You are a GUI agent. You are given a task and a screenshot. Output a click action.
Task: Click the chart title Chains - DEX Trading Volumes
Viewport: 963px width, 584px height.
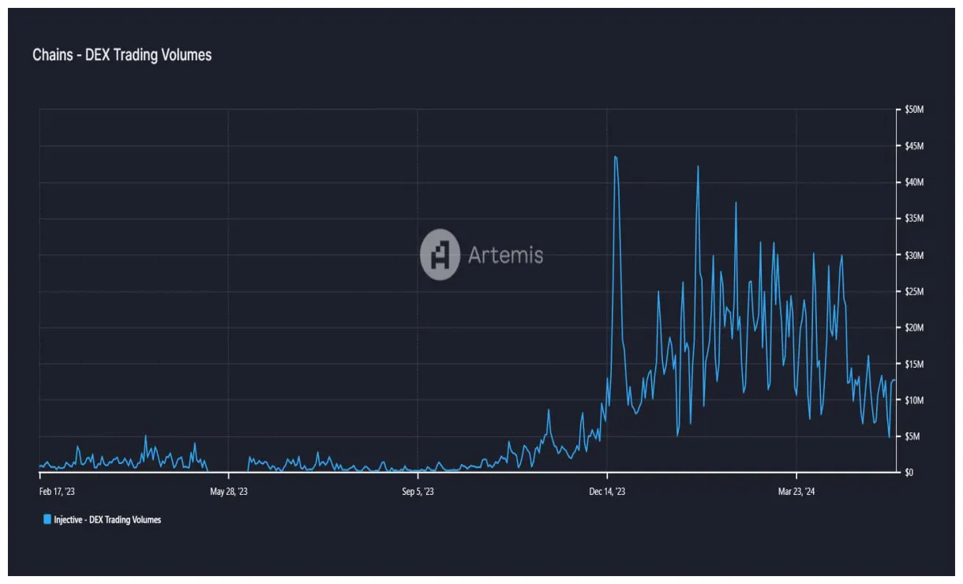tap(122, 55)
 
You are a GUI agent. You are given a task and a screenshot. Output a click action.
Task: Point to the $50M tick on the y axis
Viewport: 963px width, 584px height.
tap(914, 110)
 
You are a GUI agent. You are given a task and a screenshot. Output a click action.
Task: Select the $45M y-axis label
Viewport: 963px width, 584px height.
tap(914, 146)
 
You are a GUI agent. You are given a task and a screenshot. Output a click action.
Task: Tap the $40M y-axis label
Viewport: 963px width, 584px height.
tap(914, 182)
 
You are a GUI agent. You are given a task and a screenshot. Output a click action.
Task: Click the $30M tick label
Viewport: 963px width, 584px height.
tap(914, 255)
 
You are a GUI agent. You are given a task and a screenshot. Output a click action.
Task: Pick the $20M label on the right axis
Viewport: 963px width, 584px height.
tap(914, 328)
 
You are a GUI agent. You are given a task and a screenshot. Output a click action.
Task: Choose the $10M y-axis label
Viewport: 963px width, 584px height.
tap(914, 400)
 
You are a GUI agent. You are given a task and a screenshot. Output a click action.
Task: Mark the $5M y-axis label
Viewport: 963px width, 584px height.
tap(912, 436)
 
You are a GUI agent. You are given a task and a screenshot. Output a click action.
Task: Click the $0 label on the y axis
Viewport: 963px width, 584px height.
tap(909, 473)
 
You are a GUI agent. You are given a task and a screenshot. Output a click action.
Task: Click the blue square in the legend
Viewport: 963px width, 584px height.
tap(47, 519)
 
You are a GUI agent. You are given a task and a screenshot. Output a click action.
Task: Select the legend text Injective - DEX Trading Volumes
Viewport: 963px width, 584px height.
tap(107, 519)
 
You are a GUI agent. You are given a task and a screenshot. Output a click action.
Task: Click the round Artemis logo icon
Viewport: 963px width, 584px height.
tap(440, 255)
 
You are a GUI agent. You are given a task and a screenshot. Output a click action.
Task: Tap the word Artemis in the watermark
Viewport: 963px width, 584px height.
tap(505, 255)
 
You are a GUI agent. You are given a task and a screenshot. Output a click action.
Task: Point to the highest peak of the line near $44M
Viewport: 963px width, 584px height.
tap(615, 156)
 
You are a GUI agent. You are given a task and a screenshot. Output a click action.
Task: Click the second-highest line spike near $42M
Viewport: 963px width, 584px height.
tap(698, 167)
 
